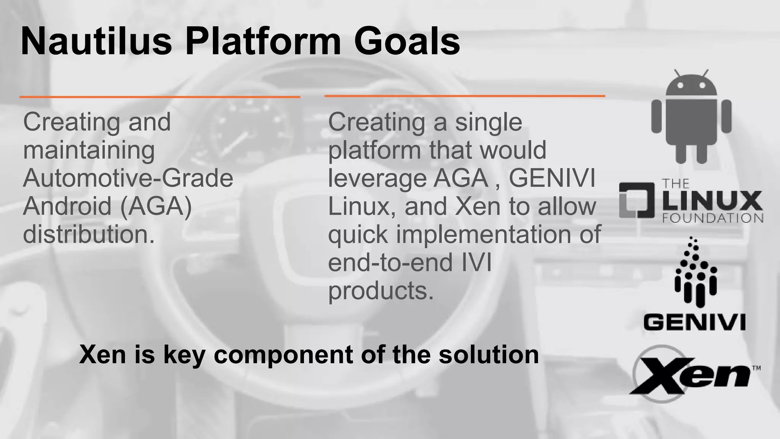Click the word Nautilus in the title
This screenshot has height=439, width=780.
click(96, 41)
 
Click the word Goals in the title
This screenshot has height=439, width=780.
click(407, 41)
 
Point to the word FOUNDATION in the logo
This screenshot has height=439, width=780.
click(712, 218)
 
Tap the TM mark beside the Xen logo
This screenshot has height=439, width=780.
click(756, 368)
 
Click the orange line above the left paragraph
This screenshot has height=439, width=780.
click(160, 97)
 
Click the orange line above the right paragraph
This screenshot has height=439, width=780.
click(465, 96)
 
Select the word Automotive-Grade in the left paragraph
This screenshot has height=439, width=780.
click(128, 178)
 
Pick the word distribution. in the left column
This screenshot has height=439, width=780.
click(89, 234)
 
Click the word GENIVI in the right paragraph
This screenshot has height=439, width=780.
click(552, 178)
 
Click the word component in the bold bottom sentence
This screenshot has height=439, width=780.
click(283, 354)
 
